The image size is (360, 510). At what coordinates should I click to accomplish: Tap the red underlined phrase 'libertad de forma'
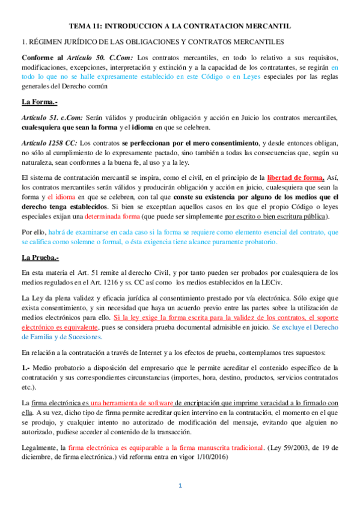click(x=296, y=177)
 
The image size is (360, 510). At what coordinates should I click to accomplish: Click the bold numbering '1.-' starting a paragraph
click(x=26, y=367)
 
